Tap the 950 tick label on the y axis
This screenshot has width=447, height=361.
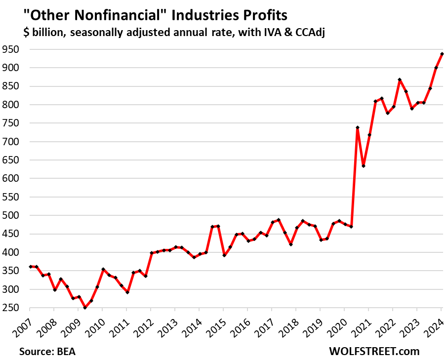point(10,49)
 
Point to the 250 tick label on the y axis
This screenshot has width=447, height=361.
point(10,308)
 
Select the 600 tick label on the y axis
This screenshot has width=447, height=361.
point(10,179)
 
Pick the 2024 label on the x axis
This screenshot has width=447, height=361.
point(436,326)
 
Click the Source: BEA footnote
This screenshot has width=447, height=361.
point(48,352)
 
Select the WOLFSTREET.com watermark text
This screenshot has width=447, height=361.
point(374,352)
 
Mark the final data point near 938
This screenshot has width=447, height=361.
point(442,54)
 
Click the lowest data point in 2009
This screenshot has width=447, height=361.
point(85,307)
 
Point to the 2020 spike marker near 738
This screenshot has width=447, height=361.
point(357,127)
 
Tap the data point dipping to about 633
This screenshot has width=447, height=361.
point(364,166)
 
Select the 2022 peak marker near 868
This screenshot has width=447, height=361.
point(400,80)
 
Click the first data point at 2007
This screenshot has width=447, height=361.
point(31,267)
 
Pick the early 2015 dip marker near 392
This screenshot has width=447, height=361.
point(224,255)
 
